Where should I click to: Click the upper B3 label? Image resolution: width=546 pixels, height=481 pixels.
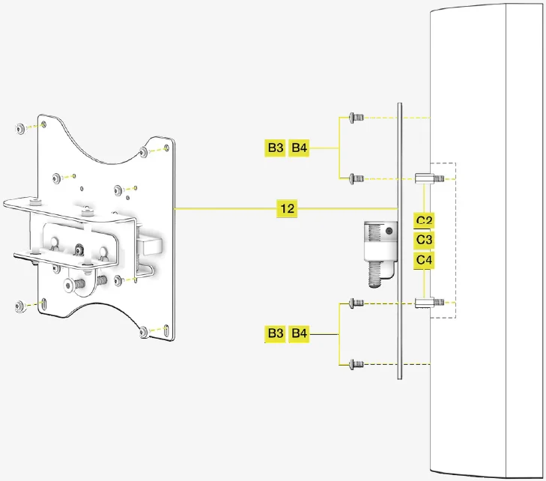point(276,148)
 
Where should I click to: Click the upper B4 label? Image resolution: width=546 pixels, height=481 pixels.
point(300,148)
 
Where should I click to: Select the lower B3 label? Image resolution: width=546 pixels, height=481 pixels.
point(276,333)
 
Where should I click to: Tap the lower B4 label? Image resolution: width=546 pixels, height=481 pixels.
point(300,333)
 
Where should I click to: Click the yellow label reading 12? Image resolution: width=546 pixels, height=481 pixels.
point(287,208)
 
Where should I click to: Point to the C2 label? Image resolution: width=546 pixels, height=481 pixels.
point(425,220)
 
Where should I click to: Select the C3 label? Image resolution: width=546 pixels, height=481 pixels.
point(425,240)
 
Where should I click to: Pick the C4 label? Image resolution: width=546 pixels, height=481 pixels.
point(425,259)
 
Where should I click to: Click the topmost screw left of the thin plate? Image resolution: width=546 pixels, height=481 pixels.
point(356,118)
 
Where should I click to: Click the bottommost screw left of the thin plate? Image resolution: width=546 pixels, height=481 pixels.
point(356,364)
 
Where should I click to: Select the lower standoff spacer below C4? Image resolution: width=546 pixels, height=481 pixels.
point(425,303)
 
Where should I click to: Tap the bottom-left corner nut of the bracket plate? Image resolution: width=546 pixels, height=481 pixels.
point(19,305)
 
